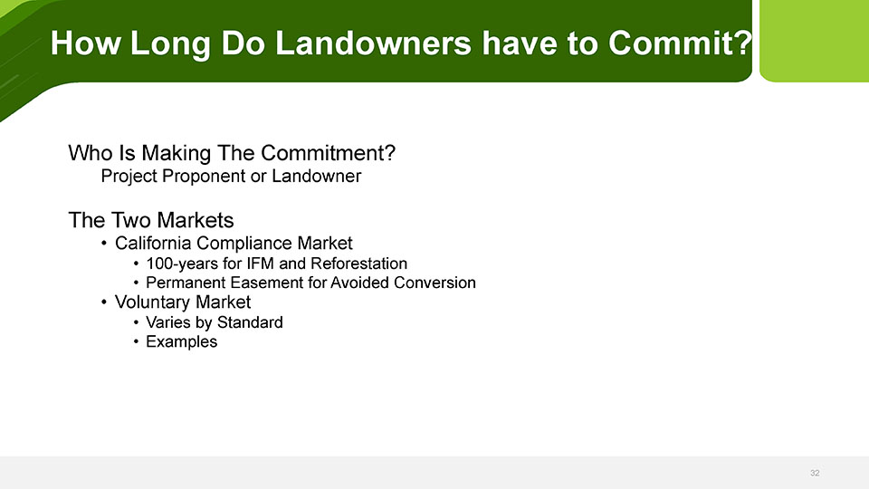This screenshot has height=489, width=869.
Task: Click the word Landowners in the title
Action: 373,43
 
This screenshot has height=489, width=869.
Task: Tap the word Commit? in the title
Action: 680,43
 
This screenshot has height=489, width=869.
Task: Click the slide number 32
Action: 815,473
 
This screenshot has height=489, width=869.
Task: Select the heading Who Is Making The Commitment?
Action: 232,153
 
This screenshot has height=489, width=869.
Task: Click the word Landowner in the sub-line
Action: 316,176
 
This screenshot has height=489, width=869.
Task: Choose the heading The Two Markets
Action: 151,220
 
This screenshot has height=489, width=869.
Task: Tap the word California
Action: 153,243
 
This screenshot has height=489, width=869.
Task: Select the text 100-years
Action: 182,264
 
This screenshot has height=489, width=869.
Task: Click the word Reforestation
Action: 358,264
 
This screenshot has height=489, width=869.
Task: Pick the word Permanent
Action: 186,283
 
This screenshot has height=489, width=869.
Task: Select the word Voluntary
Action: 153,302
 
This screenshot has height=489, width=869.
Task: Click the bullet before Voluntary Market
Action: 103,302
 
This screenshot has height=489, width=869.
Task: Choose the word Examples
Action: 181,342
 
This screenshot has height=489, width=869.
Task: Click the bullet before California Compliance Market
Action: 103,243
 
